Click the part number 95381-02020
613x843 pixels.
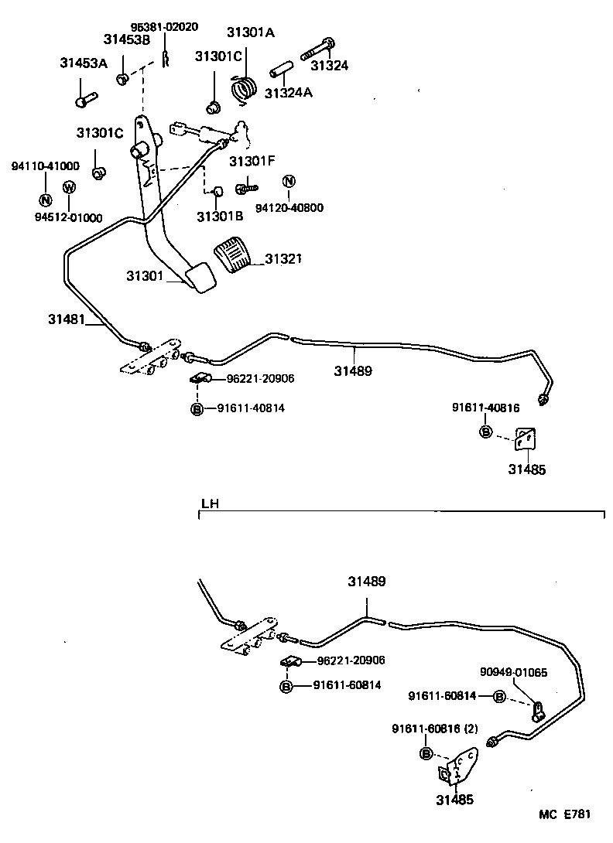[165, 26]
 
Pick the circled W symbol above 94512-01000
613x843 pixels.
[68, 188]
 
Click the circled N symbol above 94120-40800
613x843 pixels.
[289, 182]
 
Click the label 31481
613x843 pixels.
[67, 319]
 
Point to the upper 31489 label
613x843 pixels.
[353, 370]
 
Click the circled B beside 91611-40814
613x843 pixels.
[197, 408]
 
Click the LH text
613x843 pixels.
[209, 503]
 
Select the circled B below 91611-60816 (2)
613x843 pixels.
[425, 754]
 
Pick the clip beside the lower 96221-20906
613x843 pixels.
[291, 662]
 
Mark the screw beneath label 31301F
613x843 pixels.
[245, 186]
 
